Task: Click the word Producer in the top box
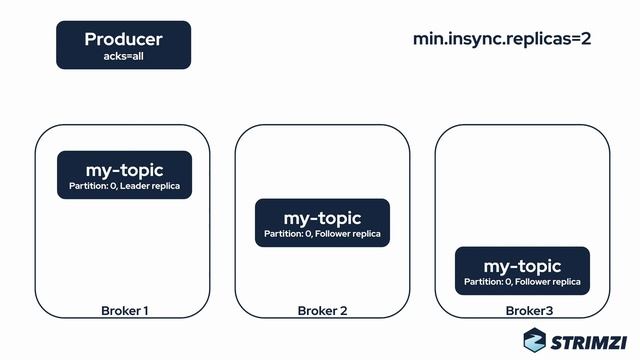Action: click(123, 39)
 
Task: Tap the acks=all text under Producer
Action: click(123, 56)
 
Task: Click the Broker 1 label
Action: click(125, 311)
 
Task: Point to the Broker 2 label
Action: click(322, 311)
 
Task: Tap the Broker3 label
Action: click(522, 311)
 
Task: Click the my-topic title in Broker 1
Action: click(124, 170)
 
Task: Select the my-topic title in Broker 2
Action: click(322, 217)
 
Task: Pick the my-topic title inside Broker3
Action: click(522, 266)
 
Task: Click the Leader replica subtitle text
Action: click(149, 186)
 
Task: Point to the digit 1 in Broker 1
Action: click(146, 311)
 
